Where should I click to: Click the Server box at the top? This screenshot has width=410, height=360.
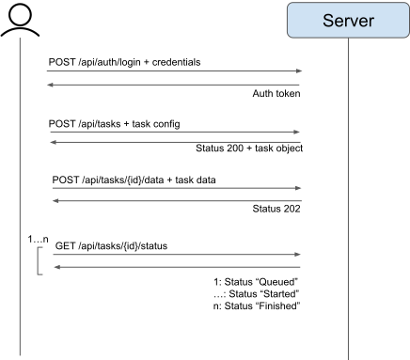(348, 21)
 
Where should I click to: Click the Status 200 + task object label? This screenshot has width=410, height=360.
(248, 149)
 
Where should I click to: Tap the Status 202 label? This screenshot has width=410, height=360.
(276, 208)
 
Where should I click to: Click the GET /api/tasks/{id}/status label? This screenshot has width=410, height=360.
(112, 245)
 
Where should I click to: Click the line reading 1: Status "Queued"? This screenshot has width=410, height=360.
(256, 281)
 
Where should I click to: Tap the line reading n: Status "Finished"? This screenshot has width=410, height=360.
(256, 305)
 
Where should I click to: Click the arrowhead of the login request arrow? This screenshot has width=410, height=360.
(299, 70)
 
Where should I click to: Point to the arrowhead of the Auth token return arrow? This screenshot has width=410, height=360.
(50, 85)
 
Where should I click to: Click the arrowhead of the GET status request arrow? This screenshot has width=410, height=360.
(299, 254)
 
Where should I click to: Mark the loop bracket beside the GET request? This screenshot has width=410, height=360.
(39, 261)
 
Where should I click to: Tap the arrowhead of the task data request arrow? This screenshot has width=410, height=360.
(299, 188)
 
